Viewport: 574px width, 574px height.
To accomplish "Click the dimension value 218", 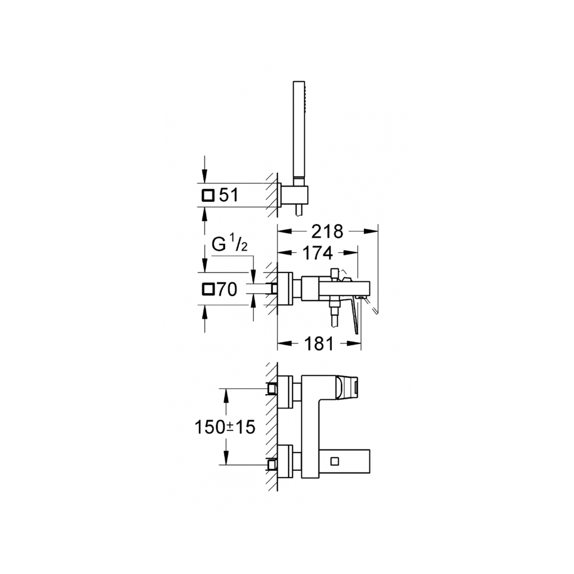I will (x=327, y=231).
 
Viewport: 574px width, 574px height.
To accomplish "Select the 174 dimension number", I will (x=318, y=253).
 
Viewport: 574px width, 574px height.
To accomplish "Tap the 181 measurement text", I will (x=320, y=343).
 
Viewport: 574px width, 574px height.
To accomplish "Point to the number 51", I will (x=229, y=195).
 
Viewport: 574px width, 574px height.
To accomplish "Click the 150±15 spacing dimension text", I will (x=225, y=427).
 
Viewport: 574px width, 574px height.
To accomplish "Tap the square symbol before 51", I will (x=207, y=196).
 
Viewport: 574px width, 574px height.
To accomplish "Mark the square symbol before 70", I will (x=207, y=289).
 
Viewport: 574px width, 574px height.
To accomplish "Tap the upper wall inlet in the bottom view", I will (x=272, y=388).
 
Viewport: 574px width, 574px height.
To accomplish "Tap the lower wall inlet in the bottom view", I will (x=272, y=465).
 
